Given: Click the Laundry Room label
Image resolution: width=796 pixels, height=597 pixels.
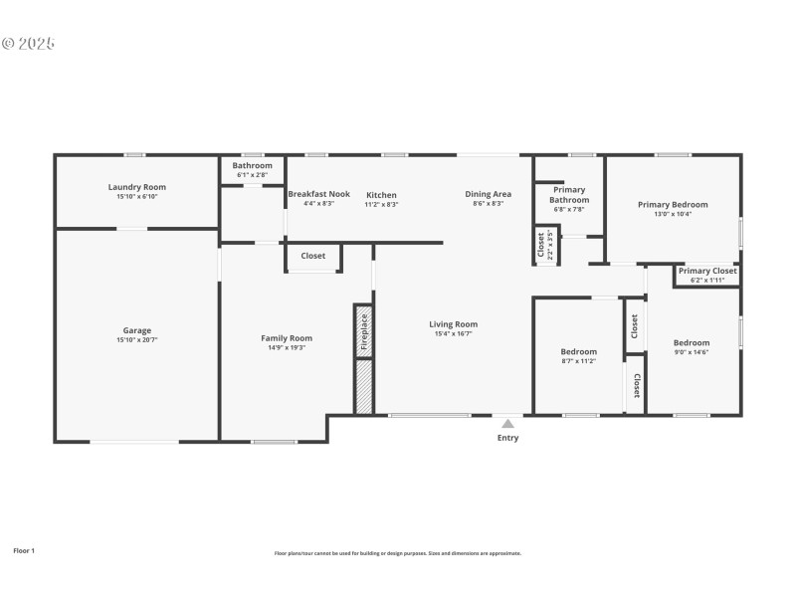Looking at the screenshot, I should (137, 187).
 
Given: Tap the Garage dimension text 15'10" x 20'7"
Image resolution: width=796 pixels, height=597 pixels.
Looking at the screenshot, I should (137, 340).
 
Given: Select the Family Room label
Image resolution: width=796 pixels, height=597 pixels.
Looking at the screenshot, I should (287, 338).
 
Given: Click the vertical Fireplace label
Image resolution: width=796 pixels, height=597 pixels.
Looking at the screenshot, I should (364, 331).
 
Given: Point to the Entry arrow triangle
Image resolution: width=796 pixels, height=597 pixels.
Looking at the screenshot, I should (507, 423).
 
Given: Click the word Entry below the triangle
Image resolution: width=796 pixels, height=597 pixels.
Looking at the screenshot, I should (507, 437).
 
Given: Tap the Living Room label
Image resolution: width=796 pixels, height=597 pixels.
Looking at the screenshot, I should (453, 323).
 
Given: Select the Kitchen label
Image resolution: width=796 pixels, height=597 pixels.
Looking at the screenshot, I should (381, 195).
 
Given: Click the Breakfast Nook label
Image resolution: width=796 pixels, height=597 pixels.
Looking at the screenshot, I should (318, 194).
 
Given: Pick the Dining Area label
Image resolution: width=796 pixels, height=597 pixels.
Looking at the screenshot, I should (488, 194).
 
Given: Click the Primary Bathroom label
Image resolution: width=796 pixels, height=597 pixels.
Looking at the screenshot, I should (569, 194).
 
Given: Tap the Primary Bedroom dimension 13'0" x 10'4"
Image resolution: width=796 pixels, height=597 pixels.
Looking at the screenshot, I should (673, 214).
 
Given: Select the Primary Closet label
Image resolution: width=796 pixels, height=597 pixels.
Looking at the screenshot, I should (707, 271).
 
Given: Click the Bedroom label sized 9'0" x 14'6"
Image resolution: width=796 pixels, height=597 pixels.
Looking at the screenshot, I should (691, 342).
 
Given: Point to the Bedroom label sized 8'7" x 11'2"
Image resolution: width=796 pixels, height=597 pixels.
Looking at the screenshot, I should (578, 351).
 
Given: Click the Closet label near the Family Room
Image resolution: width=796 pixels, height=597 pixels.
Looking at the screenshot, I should (313, 256).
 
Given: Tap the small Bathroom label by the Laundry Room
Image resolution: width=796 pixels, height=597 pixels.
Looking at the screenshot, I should (252, 165).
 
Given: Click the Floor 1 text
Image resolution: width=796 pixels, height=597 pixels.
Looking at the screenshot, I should (24, 550).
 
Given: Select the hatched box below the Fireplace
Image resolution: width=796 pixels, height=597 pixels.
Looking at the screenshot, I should (364, 387).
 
